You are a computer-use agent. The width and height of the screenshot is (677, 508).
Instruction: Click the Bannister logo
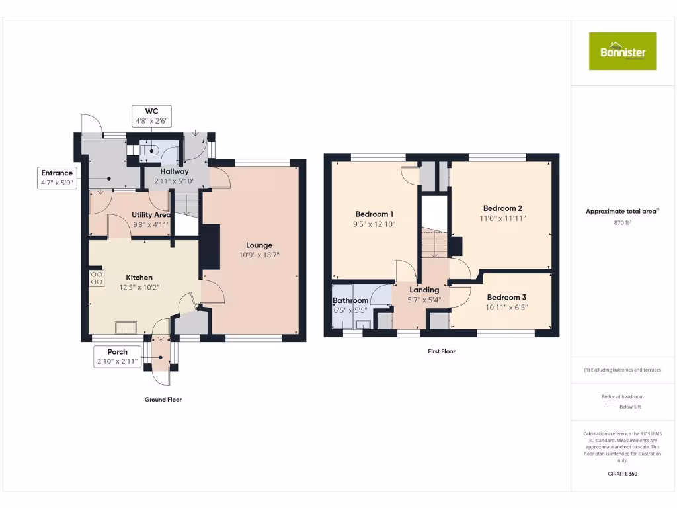click(622, 51)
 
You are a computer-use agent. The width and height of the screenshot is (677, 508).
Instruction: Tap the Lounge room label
click(256, 245)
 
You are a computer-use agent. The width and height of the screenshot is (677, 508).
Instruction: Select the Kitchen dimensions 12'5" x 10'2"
click(139, 288)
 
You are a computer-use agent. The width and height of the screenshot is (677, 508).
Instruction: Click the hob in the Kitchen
click(97, 278)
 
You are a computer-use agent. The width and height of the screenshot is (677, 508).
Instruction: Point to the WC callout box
click(151, 116)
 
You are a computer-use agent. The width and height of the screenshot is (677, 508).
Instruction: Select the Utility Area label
click(151, 215)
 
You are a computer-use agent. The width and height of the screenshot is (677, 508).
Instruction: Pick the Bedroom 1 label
click(374, 214)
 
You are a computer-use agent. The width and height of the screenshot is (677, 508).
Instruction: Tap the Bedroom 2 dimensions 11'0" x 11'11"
click(502, 218)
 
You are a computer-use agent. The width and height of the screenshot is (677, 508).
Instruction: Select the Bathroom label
click(350, 300)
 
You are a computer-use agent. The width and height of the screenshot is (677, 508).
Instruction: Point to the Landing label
click(424, 290)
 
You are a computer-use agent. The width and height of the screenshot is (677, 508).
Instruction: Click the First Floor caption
click(441, 351)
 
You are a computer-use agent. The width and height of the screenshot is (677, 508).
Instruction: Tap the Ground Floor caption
click(163, 400)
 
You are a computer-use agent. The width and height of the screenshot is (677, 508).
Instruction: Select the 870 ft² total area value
click(622, 223)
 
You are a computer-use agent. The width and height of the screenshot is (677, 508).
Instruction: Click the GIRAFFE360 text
click(622, 474)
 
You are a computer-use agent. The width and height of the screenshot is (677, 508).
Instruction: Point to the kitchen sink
click(126, 326)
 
